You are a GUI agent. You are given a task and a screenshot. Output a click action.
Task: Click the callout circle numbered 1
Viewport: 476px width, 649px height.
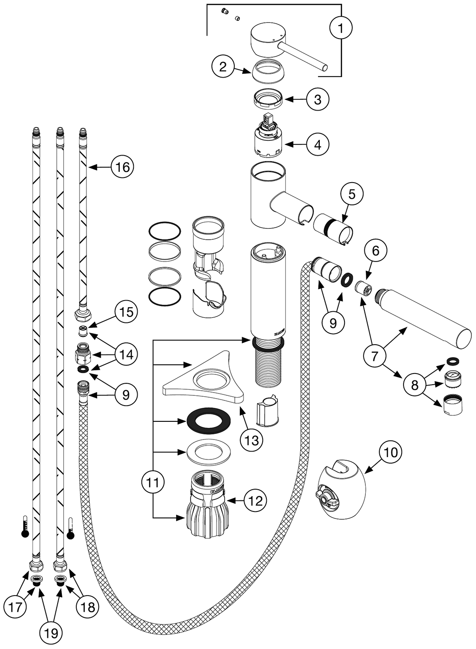(x=341, y=28)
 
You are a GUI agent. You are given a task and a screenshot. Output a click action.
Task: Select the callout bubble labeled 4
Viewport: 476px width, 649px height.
(x=317, y=144)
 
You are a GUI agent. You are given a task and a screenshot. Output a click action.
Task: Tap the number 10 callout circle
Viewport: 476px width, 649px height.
(x=391, y=452)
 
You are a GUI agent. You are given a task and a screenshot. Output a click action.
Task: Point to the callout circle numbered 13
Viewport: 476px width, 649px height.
(x=251, y=439)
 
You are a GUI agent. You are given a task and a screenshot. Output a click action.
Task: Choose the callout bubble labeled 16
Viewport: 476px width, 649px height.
(x=122, y=166)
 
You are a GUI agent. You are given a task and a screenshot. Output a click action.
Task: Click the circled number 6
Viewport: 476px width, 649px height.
(x=376, y=251)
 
